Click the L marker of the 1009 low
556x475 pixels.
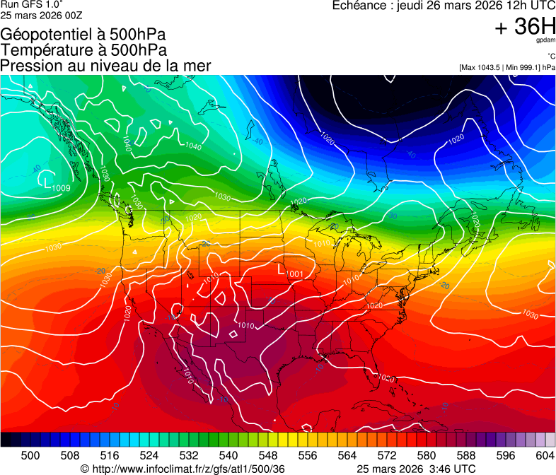coord(47,182)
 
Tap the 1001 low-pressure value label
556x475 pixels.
coord(295,274)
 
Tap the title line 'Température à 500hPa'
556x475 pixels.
coord(83,49)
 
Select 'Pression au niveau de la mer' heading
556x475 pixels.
coord(105,66)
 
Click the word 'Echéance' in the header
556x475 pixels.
coord(360,6)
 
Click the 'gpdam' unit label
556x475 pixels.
coord(545,41)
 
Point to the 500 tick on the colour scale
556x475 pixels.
coord(30,455)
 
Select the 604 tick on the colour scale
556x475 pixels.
coord(545,455)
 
